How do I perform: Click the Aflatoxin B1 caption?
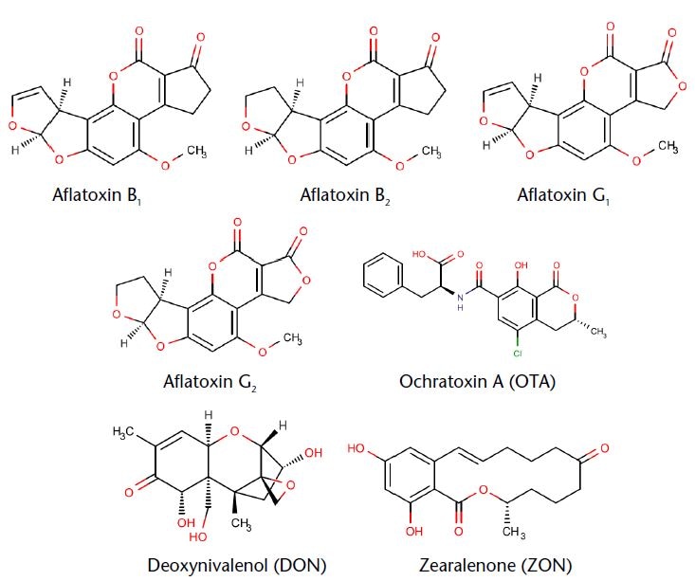click(98, 195)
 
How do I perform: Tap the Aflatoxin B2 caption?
click(345, 195)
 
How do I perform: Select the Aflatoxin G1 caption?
click(563, 195)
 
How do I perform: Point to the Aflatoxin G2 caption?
click(210, 382)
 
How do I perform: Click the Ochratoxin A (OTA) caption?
click(477, 382)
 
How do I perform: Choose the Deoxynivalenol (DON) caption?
click(237, 566)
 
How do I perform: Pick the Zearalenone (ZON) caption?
click(496, 566)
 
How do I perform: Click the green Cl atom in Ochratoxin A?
click(518, 354)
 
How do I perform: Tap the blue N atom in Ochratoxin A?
click(460, 298)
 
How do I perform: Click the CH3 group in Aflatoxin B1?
click(196, 152)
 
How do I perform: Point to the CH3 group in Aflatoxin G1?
click(668, 147)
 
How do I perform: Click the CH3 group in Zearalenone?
click(514, 532)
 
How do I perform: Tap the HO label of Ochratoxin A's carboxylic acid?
click(419, 254)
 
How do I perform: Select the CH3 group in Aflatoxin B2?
click(431, 152)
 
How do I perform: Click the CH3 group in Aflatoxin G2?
click(293, 339)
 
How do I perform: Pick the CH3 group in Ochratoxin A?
click(598, 332)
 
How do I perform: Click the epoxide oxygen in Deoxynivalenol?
click(290, 485)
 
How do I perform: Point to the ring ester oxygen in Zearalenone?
click(484, 490)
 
